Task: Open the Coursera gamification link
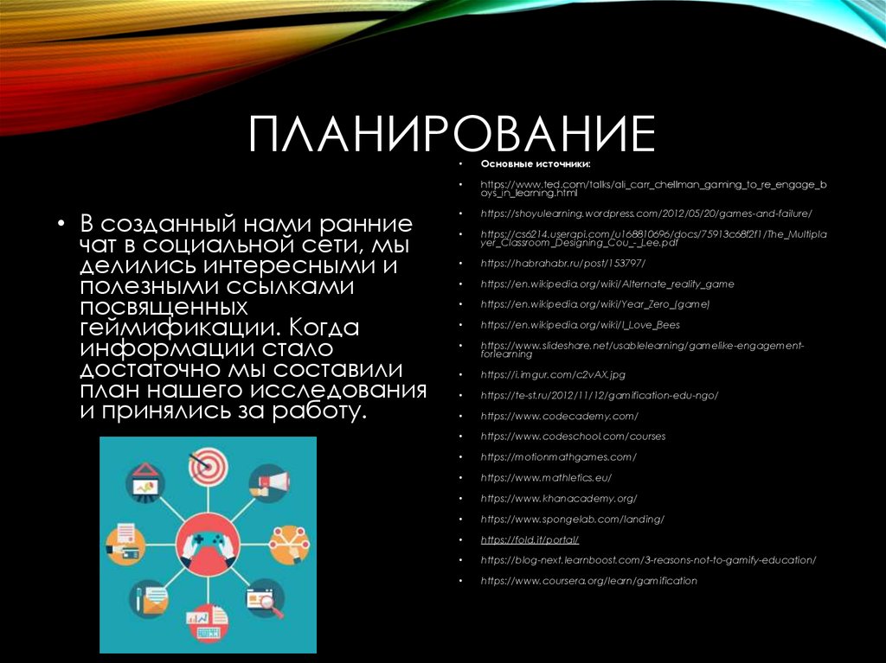(x=588, y=580)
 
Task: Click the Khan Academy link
(x=559, y=498)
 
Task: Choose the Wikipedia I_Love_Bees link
(x=581, y=324)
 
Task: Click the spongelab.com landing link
(x=572, y=519)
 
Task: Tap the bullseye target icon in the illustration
(x=207, y=466)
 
